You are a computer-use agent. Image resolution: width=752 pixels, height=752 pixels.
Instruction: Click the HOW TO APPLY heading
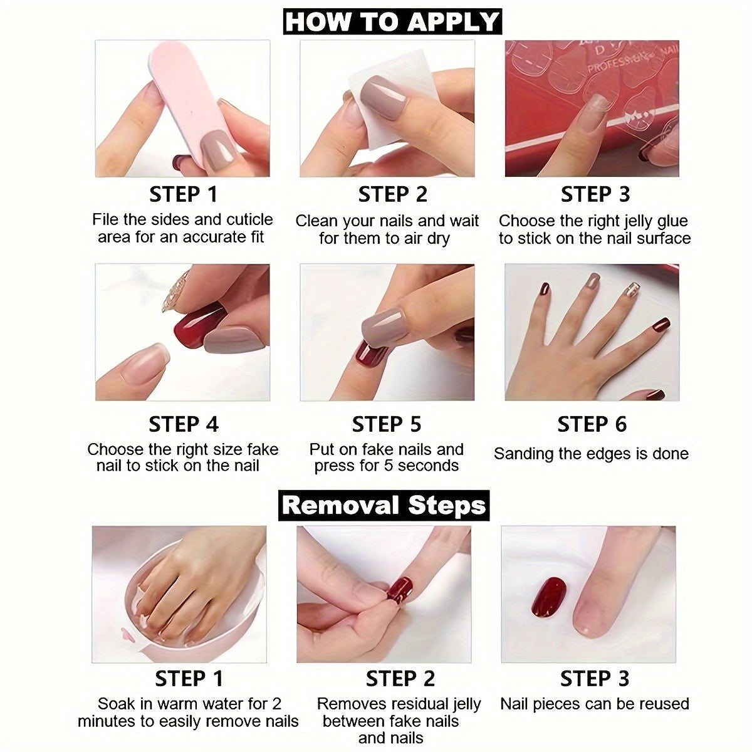[x=392, y=21]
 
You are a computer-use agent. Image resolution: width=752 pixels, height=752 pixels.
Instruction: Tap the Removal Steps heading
[x=384, y=505]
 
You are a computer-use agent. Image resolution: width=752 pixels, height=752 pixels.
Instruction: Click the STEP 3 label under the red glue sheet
[x=595, y=194]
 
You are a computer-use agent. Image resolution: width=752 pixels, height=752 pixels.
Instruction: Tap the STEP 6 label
[x=592, y=424]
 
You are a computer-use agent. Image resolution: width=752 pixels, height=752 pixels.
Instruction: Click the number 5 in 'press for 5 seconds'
[x=387, y=466]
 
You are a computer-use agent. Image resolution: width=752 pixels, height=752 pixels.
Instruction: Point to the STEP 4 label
[x=184, y=424]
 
